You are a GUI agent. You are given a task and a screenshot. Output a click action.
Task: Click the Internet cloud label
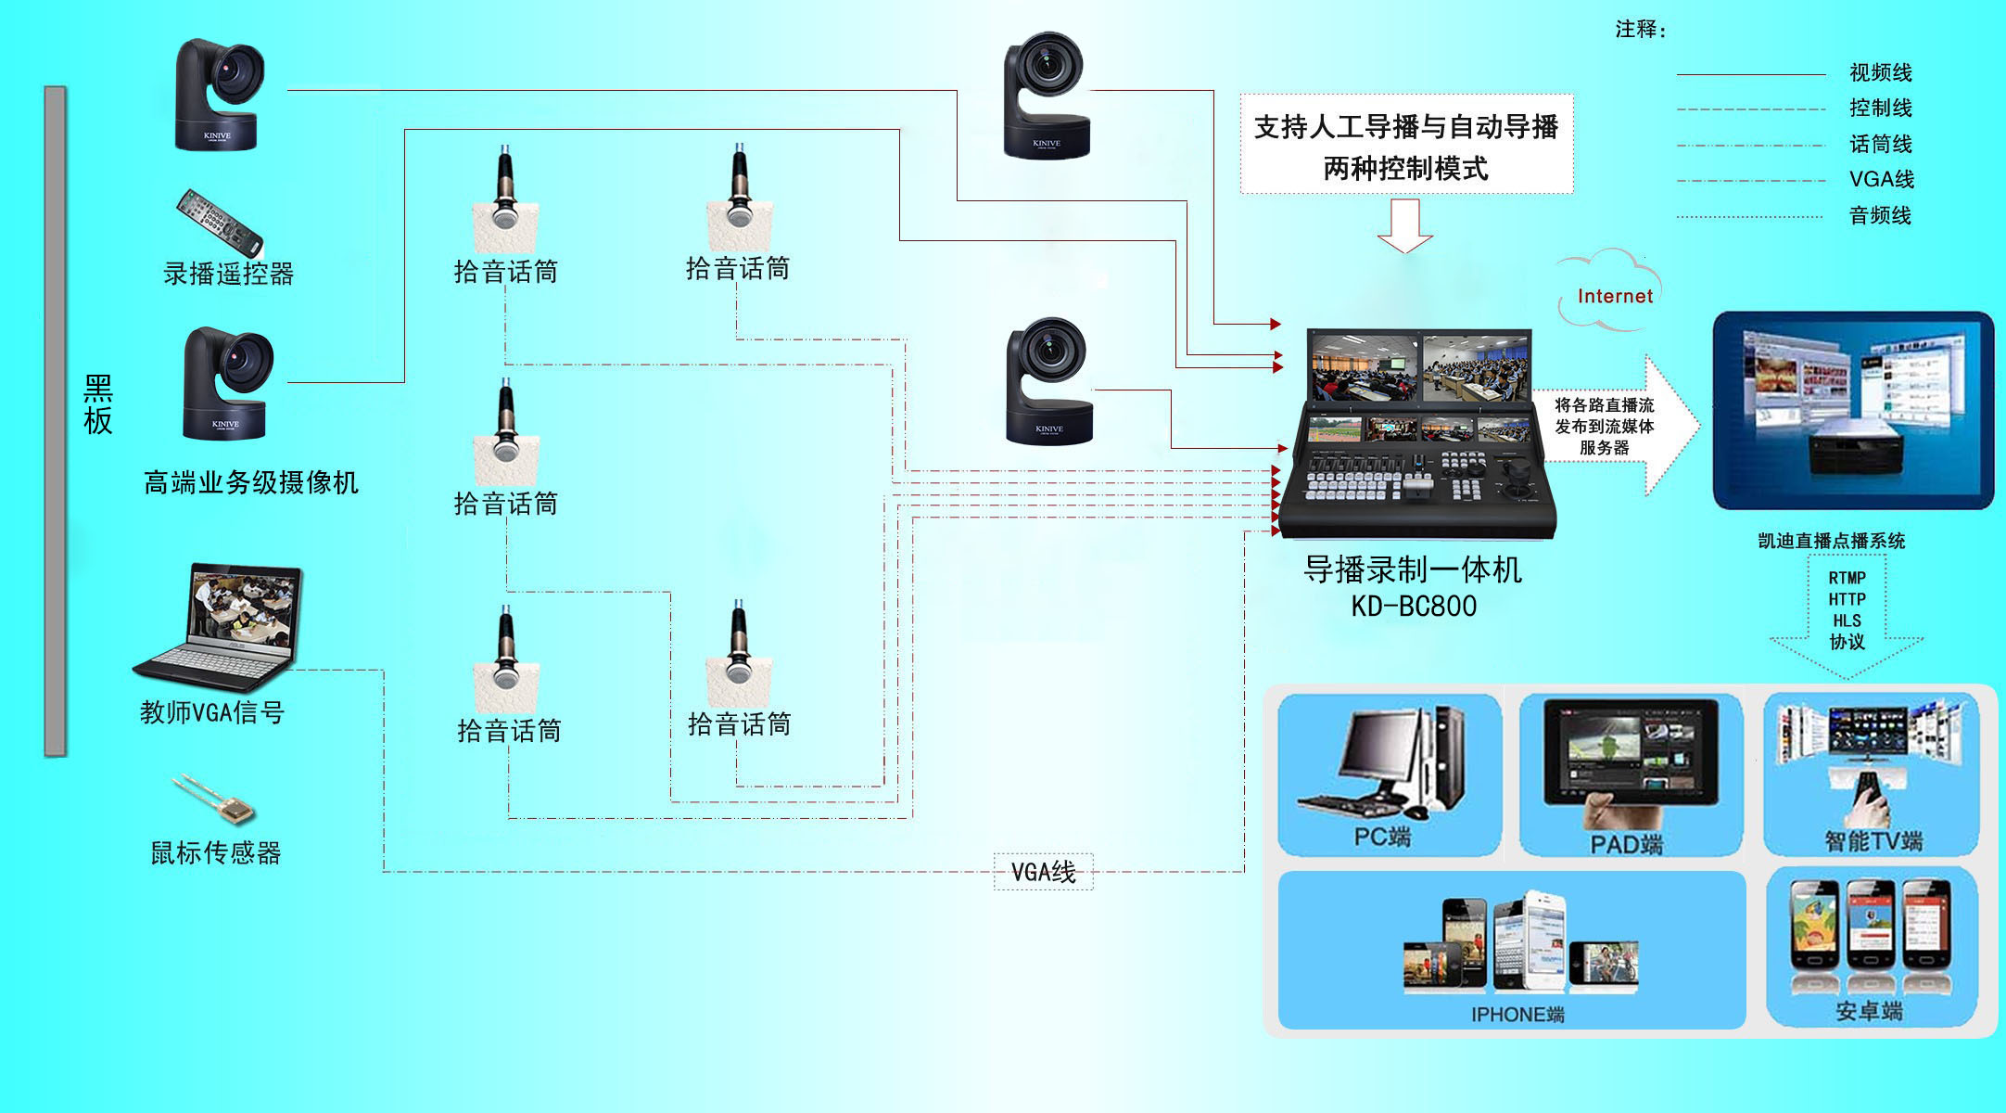pyautogui.click(x=1614, y=296)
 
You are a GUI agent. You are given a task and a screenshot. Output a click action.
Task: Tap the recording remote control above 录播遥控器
pyautogui.click(x=221, y=223)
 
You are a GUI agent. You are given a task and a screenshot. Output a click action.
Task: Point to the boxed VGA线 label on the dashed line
pyautogui.click(x=1043, y=872)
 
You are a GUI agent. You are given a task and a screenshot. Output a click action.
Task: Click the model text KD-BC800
pyautogui.click(x=1413, y=607)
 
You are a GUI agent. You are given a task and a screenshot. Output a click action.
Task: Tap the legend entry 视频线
pyautogui.click(x=1880, y=72)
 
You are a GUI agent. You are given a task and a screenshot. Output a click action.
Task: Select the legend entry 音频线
pyautogui.click(x=1880, y=216)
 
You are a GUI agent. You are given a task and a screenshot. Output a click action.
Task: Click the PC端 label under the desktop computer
pyautogui.click(x=1382, y=837)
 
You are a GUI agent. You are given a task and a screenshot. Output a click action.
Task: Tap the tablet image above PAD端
pyautogui.click(x=1630, y=753)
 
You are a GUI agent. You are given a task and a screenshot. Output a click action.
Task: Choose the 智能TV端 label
pyautogui.click(x=1873, y=841)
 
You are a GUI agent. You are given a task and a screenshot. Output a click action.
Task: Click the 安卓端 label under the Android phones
pyautogui.click(x=1869, y=1011)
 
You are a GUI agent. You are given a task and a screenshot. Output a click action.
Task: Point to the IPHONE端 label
pyautogui.click(x=1517, y=1015)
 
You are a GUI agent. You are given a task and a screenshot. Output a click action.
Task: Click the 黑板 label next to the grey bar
pyautogui.click(x=98, y=405)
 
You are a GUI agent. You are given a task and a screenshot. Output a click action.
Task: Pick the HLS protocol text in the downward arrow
pyautogui.click(x=1846, y=620)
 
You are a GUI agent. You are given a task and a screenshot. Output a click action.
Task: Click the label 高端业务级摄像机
pyautogui.click(x=250, y=483)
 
